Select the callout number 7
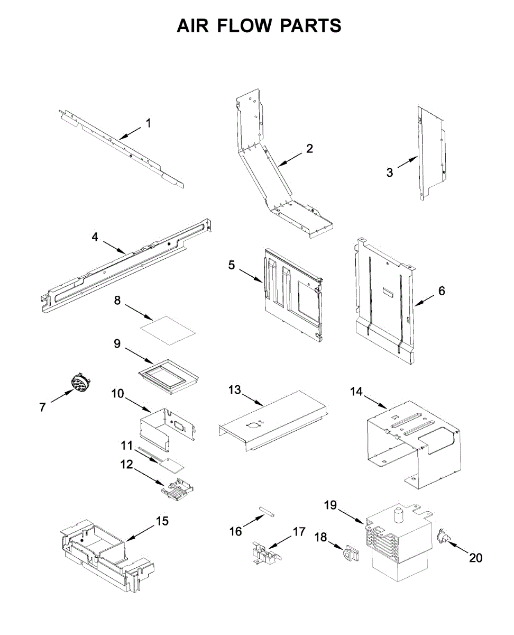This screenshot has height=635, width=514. click(x=42, y=407)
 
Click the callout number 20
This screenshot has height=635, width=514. click(x=476, y=557)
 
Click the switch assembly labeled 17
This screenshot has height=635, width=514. click(x=264, y=554)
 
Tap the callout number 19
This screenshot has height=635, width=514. click(x=330, y=505)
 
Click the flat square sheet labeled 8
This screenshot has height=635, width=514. click(x=168, y=331)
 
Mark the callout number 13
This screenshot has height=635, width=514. click(x=234, y=390)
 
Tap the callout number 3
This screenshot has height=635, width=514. click(x=390, y=172)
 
